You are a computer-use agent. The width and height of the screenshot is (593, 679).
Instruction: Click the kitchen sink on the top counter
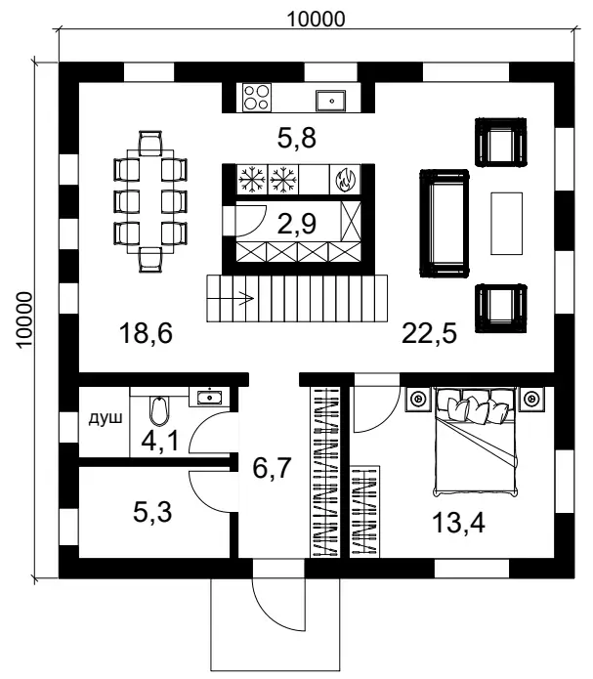click(331, 101)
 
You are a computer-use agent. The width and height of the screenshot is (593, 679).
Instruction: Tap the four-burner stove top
click(256, 98)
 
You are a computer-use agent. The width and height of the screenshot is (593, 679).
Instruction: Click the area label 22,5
click(429, 333)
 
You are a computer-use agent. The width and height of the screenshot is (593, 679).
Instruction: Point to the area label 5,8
click(297, 138)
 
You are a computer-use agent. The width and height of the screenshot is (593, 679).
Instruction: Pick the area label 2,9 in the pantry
click(297, 224)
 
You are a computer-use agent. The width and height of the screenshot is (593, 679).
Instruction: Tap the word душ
click(106, 418)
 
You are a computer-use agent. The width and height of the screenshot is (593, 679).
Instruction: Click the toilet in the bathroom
click(159, 410)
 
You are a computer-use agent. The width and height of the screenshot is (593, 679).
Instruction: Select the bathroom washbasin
click(209, 397)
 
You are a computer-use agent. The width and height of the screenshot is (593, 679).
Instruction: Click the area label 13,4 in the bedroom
click(458, 523)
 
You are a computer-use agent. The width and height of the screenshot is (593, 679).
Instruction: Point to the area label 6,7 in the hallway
click(272, 468)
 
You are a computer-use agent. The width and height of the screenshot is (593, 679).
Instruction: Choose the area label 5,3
click(152, 512)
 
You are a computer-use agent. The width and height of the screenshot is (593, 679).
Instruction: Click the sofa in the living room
click(444, 223)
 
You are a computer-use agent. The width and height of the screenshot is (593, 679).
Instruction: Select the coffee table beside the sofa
click(506, 224)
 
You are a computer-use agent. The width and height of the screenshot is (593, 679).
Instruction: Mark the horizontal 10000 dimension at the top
click(317, 20)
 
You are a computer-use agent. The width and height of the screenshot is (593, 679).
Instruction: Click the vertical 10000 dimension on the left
click(24, 320)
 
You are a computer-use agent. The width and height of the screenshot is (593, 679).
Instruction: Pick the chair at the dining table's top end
click(150, 144)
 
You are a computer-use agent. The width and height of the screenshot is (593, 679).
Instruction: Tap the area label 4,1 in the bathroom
click(160, 442)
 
